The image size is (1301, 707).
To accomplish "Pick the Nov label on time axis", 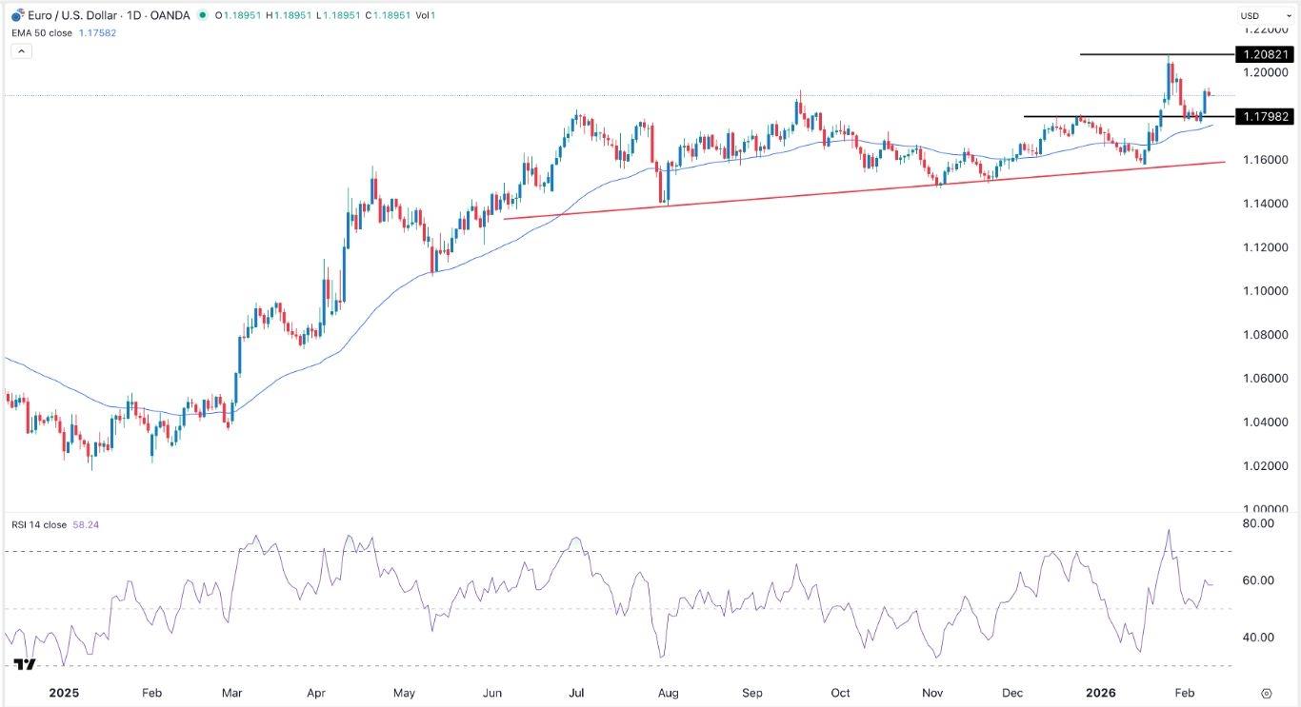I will pos(931,694).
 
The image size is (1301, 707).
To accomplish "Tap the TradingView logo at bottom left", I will pos(26,665).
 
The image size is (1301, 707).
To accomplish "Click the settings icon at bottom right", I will pos(1266,694).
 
